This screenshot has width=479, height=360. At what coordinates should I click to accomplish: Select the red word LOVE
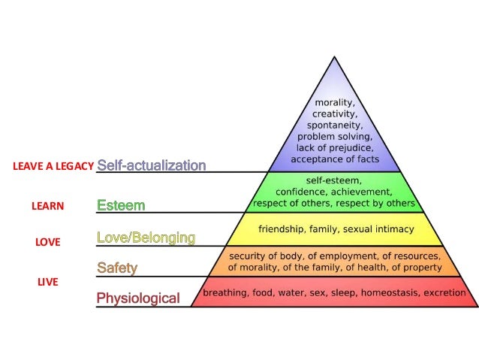[x=48, y=243]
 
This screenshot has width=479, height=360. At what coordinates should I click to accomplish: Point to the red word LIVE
[x=48, y=282]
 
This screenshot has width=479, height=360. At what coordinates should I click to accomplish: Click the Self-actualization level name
[x=151, y=165]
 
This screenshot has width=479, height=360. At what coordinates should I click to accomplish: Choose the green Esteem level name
[x=121, y=204]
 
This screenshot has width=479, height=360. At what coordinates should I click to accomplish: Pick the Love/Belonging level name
[x=146, y=238]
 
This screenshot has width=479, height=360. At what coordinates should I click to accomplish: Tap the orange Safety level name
[x=118, y=268]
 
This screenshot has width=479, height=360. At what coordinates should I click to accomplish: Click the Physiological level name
[x=138, y=298]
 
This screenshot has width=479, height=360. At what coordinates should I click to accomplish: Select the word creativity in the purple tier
[x=335, y=113]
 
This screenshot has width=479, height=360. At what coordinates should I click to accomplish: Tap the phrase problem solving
[x=335, y=137]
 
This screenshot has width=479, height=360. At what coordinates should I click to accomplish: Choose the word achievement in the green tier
[x=362, y=192]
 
